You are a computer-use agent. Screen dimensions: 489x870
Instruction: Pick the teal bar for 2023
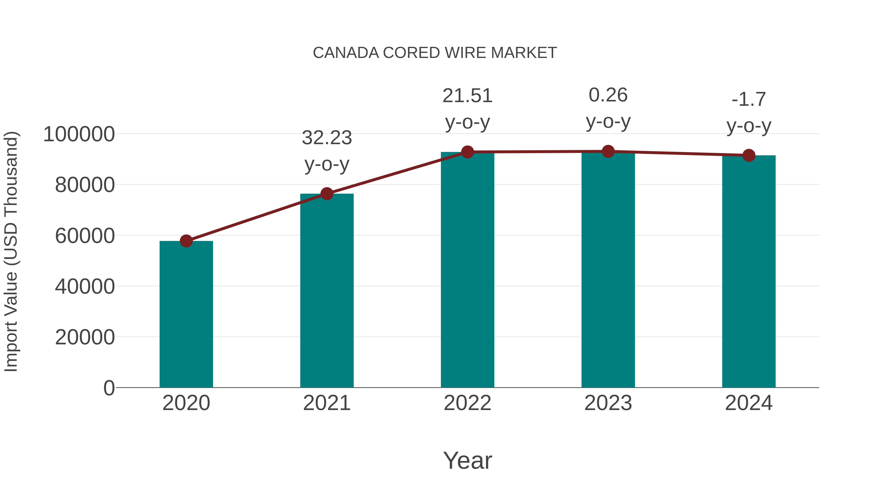608,270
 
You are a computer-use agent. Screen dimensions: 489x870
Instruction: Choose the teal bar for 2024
749,272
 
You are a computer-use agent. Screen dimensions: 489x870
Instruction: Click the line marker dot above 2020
186,241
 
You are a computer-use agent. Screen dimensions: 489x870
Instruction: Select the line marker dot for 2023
608,151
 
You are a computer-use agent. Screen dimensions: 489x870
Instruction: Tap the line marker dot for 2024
749,156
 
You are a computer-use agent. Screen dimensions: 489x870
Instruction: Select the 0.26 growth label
608,95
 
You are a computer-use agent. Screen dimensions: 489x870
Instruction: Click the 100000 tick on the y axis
79,134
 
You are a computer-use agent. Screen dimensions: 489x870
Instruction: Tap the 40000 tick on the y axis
85,286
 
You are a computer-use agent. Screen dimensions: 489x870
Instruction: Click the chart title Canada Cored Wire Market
435,53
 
